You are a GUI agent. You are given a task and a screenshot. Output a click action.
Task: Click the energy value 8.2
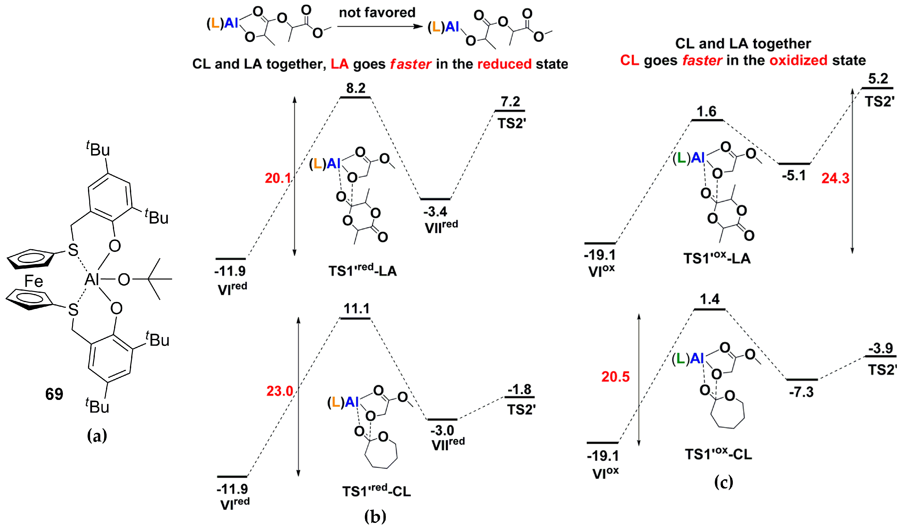(355, 88)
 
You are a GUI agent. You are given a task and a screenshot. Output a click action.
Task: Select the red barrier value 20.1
(278, 178)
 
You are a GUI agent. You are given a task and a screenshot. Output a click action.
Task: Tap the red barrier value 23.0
(280, 391)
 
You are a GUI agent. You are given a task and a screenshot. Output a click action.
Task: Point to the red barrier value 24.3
(835, 178)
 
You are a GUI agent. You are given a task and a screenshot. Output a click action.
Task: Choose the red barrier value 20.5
(615, 377)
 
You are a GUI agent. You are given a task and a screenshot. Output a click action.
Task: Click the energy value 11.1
(356, 308)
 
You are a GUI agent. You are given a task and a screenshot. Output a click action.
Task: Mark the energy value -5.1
(793, 175)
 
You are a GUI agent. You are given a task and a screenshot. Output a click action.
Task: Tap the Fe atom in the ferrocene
(34, 281)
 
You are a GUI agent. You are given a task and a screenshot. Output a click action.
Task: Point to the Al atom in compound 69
(91, 279)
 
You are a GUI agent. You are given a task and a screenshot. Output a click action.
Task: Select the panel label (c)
(724, 482)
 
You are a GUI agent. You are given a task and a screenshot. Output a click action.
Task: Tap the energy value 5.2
(878, 78)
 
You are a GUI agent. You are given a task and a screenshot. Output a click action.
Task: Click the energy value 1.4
(709, 299)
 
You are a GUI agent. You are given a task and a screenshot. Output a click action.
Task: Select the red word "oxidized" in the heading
(798, 60)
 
